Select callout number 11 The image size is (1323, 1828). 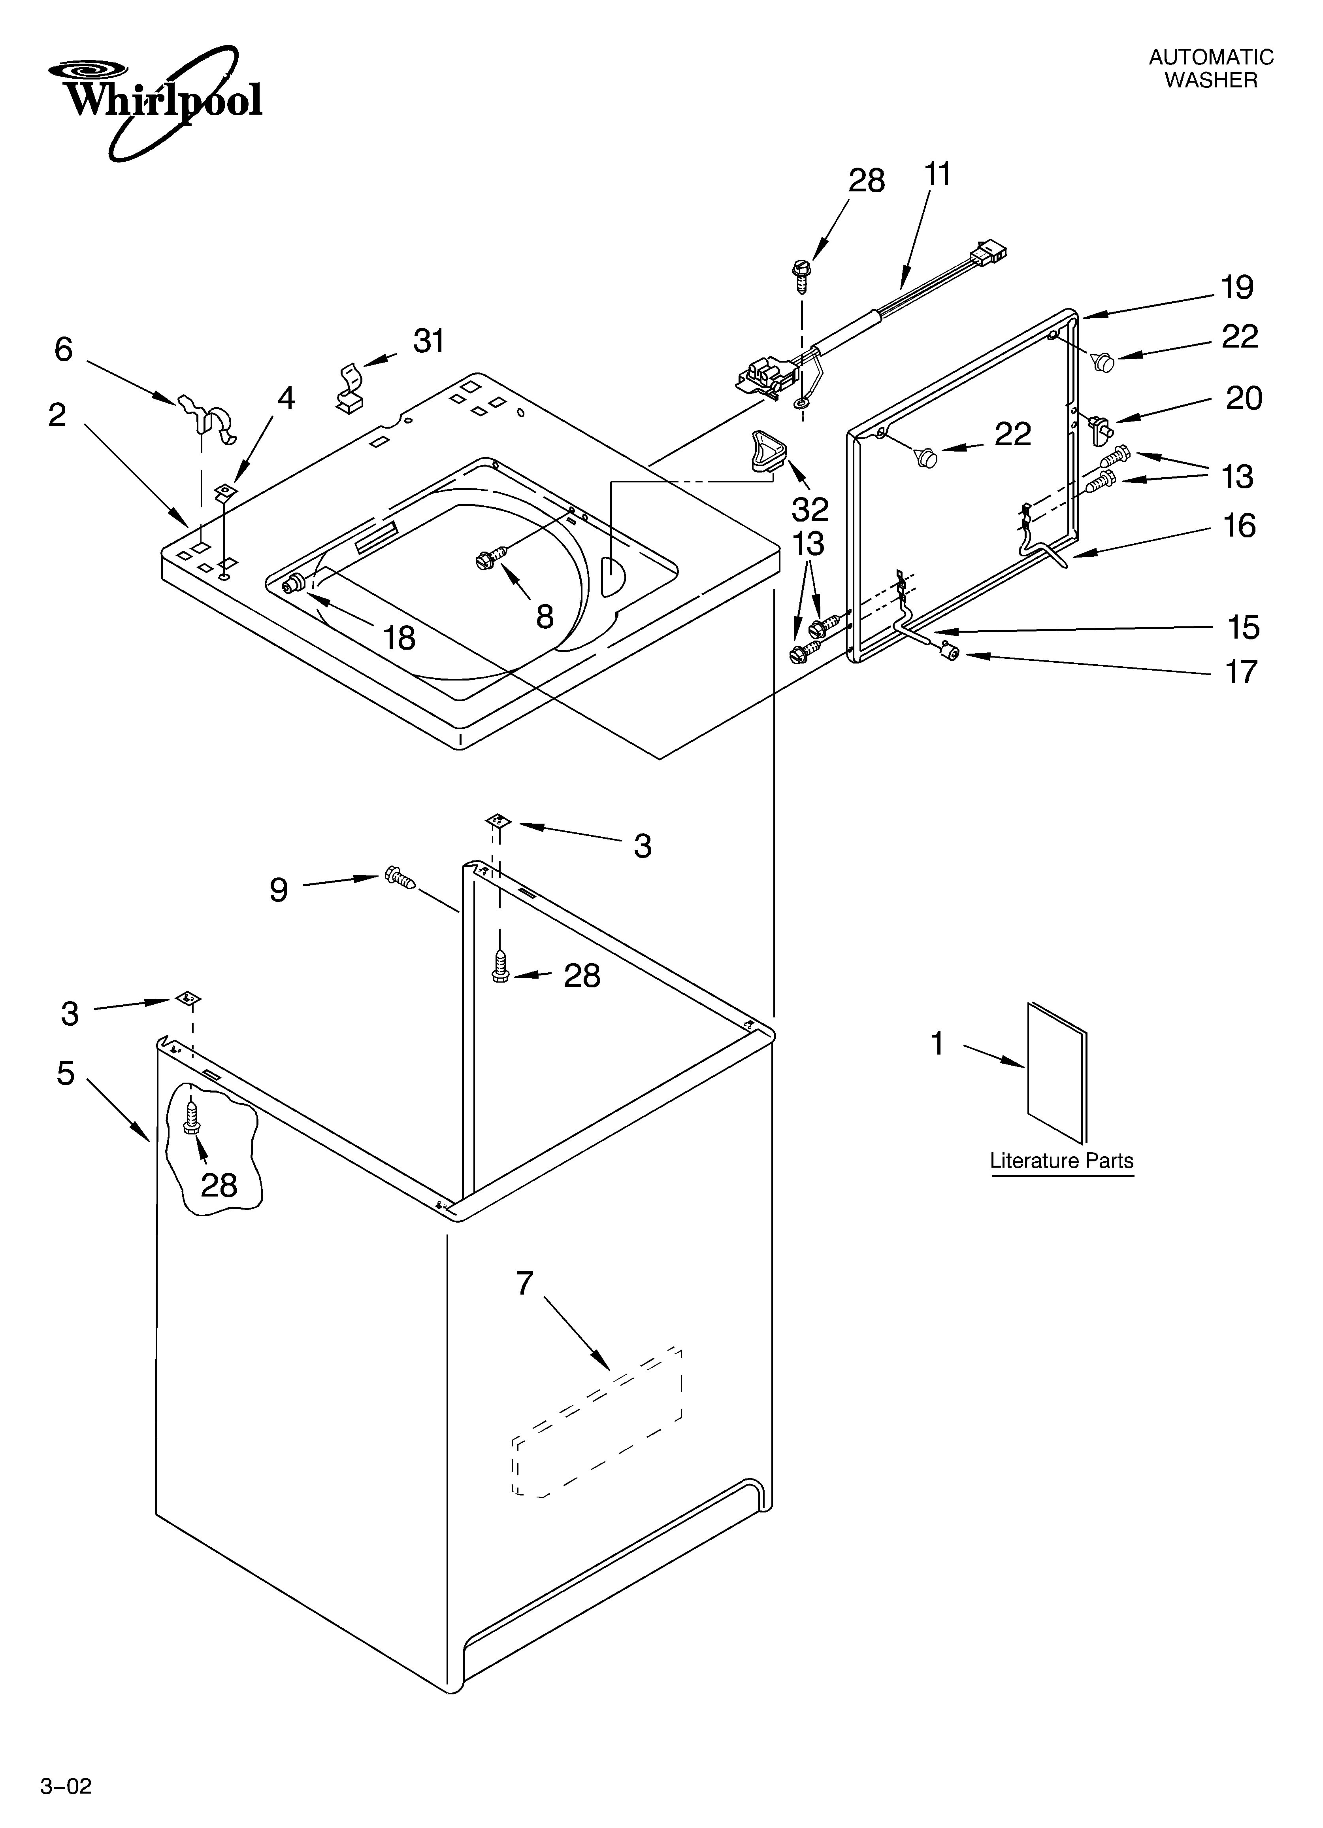pyautogui.click(x=937, y=174)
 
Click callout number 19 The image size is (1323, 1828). pyautogui.click(x=1237, y=288)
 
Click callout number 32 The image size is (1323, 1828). pyautogui.click(x=810, y=509)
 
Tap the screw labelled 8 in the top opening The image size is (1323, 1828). pyautogui.click(x=491, y=556)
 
